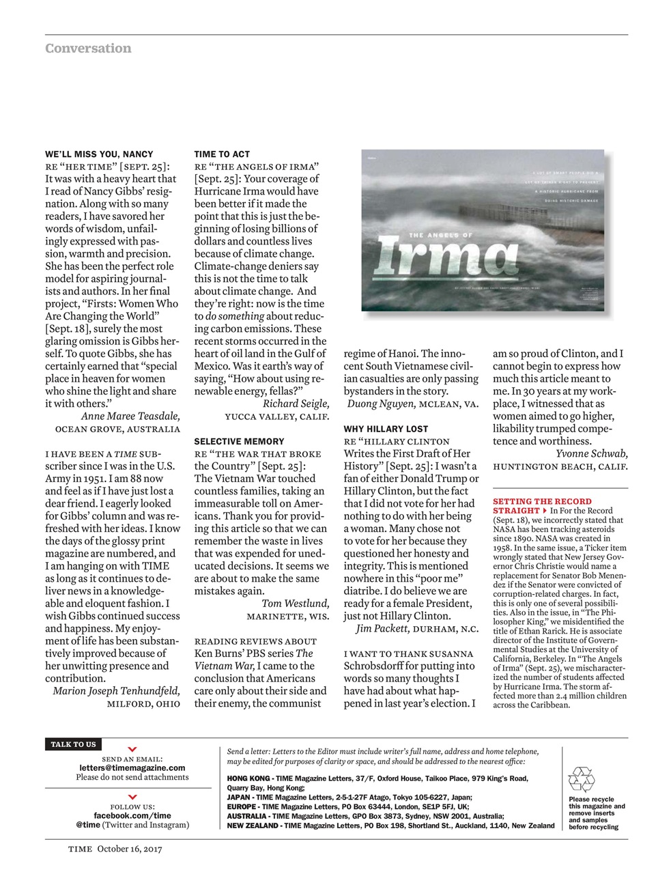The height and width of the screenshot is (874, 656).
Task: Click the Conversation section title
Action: pos(88,48)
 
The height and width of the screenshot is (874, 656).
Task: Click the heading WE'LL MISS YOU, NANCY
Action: pos(99,154)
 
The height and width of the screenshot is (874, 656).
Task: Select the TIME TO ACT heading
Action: pos(222,154)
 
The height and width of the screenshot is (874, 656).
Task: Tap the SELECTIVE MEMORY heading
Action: pos(239,442)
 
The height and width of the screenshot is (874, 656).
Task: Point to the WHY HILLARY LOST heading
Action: pos(386,429)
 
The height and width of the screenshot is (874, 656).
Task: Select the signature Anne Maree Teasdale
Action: pos(130,416)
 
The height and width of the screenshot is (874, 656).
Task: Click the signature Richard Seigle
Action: pos(296,404)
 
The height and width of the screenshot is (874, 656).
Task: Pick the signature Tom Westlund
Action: pos(295,603)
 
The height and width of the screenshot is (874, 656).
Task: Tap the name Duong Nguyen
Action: pos(381,404)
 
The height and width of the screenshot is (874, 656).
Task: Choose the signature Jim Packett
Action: pos(382,628)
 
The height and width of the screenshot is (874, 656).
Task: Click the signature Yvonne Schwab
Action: pos(591,453)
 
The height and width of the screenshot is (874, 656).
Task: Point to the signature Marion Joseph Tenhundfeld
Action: pos(117,690)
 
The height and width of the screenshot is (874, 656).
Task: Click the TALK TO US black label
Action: pos(73,744)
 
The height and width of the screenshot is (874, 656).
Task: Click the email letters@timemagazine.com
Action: pos(132,767)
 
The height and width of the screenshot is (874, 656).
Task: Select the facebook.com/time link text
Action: pos(132,815)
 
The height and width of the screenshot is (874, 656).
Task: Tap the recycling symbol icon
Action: pos(582,779)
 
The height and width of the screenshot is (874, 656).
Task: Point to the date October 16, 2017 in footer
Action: pos(129,849)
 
